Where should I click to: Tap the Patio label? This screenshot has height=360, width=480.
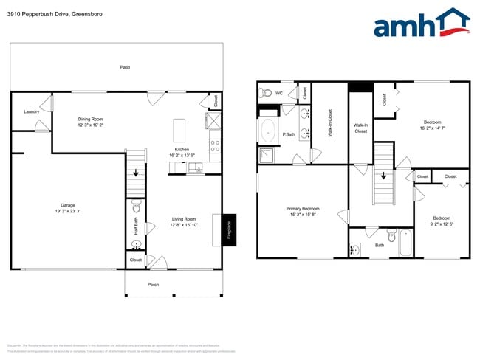[126, 67]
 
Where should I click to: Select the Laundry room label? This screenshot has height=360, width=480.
[31, 112]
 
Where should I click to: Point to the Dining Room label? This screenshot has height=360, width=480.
[90, 119]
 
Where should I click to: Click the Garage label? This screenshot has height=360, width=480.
[68, 205]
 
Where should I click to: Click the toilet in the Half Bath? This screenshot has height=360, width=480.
[137, 209]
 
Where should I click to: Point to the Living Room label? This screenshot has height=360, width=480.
[183, 218]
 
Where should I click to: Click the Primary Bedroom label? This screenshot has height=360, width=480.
[303, 209]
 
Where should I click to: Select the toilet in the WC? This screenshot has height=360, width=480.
[266, 93]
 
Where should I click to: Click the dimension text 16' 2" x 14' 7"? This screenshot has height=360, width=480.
[433, 128]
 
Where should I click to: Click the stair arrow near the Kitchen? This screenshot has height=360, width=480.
[135, 172]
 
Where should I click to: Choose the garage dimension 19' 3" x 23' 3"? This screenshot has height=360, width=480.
[68, 211]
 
